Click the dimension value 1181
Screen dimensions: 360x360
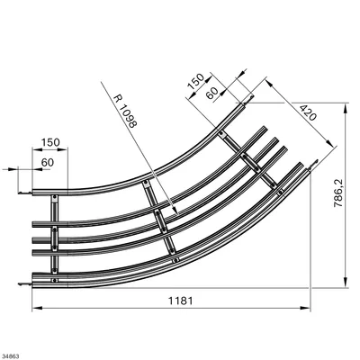click(180, 301)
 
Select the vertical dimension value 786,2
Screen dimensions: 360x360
click(338, 192)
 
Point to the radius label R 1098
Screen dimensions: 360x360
click(125, 112)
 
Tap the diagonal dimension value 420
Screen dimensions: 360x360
click(308, 112)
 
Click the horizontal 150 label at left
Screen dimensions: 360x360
click(50, 142)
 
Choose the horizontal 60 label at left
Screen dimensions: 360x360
click(48, 162)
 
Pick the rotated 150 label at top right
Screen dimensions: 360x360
click(195, 82)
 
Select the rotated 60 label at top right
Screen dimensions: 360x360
click(211, 94)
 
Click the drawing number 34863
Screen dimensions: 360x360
click(10, 356)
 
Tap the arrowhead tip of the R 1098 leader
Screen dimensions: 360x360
click(177, 214)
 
